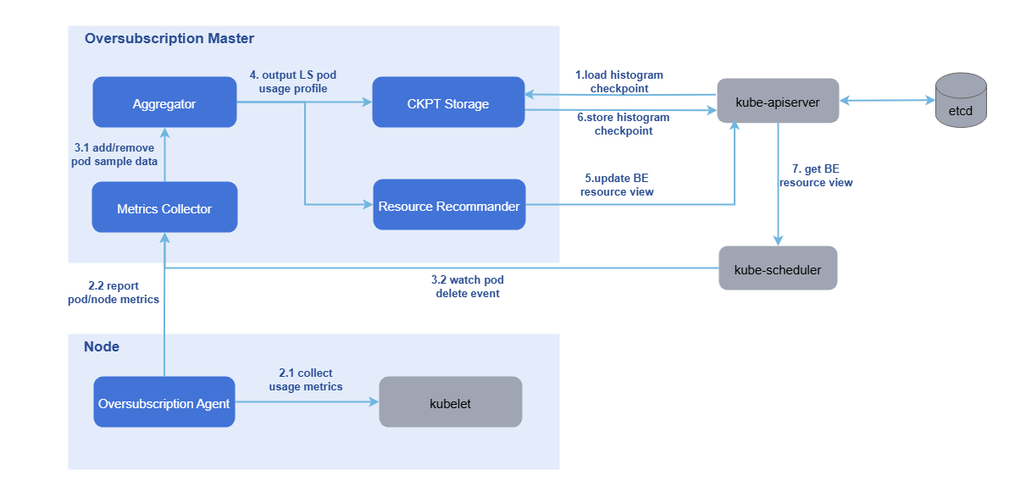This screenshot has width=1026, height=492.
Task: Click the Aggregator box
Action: [x=164, y=103]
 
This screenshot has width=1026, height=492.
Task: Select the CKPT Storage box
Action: [x=448, y=103]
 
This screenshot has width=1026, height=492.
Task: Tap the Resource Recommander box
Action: [x=449, y=206]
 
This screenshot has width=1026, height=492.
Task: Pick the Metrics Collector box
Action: [x=164, y=208]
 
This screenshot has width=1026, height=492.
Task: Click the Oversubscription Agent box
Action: [x=164, y=403]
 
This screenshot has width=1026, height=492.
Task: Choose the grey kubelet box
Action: [x=450, y=403]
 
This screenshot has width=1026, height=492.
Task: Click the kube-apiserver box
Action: [x=778, y=101]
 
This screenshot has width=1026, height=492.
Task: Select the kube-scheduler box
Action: [x=778, y=268]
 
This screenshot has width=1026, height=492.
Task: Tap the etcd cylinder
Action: [x=961, y=100]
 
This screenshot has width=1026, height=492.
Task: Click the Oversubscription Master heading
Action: [x=169, y=39]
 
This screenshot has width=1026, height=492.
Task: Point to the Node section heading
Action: [x=102, y=347]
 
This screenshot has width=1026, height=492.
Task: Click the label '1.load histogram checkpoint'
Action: [x=619, y=81]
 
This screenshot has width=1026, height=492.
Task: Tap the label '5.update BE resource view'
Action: [x=616, y=185]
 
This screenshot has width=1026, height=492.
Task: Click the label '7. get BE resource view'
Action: [x=816, y=176]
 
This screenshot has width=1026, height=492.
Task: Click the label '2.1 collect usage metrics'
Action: [x=306, y=379]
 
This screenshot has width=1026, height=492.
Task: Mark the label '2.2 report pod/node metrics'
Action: [x=114, y=292]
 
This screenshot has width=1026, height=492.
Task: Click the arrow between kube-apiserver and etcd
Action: [x=886, y=101]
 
